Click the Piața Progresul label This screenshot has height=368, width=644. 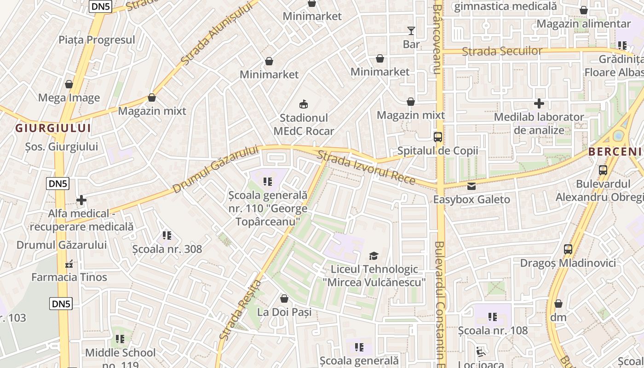coord(97,40)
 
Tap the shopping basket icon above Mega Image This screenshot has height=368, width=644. coord(69,84)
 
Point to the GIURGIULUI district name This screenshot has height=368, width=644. coord(53,128)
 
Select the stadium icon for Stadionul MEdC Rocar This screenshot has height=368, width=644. coord(304,104)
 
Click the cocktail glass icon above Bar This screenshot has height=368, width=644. coord(411,31)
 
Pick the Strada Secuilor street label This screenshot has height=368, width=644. coord(502,51)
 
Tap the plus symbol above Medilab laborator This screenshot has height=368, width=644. coord(539,103)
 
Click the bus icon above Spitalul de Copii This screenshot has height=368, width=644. coord(438,137)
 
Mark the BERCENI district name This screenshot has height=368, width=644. coord(615,152)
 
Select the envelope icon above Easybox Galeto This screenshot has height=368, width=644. coord(471,186)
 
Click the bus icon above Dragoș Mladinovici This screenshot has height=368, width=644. coord(568,249)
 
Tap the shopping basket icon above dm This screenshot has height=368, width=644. coord(558,304)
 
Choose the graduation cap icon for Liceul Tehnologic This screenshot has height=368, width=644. coord(374,256)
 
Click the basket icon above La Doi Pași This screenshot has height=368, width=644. coord(284,299)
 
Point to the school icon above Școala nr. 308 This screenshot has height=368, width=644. coord(167,236)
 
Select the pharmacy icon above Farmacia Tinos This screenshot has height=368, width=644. coord(69,264)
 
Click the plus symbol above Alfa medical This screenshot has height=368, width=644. coord(81,200)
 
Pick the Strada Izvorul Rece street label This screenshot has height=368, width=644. coord(366,168)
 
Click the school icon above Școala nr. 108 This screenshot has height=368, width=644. coord(493,317)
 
